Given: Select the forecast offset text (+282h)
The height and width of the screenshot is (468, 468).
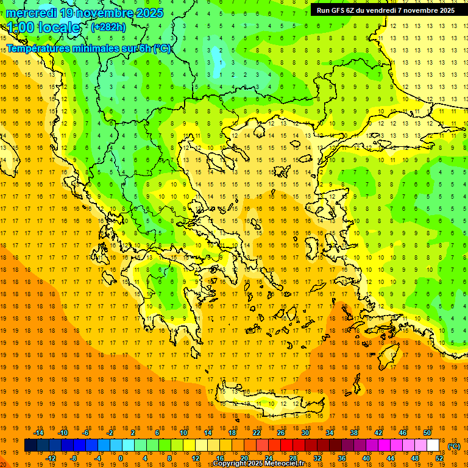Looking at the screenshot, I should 108,27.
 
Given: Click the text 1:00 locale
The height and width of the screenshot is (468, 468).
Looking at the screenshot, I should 43,27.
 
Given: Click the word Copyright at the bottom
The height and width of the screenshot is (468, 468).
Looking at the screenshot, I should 230,463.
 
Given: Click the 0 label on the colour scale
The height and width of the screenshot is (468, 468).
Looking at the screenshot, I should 120,458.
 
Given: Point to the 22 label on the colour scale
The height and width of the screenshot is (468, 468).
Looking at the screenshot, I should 257,433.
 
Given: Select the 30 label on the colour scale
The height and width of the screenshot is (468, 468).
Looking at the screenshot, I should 305,433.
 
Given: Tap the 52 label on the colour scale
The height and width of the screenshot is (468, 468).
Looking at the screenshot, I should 439,458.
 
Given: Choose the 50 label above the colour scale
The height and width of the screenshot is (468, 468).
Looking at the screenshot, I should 427,433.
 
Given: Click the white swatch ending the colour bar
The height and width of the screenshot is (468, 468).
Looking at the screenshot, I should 433,445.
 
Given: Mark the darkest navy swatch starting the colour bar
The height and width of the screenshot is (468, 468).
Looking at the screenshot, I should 30,445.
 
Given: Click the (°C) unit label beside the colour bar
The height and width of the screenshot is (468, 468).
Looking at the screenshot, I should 453,446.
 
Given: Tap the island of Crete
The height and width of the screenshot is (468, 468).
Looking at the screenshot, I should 274,403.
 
